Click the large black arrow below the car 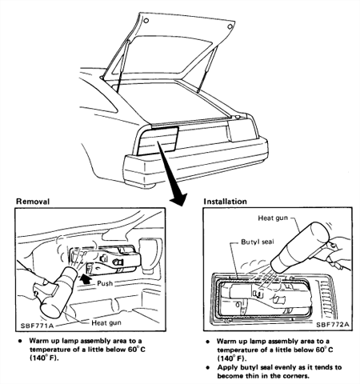[x=178, y=174]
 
